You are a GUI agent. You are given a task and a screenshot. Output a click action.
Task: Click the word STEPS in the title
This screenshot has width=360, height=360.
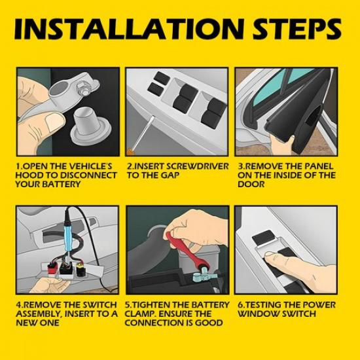tap(297, 29)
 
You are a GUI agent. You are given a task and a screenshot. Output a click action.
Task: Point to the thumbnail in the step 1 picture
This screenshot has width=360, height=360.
tap(54, 122)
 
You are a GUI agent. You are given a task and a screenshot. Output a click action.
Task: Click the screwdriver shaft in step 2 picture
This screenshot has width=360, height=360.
tap(143, 132)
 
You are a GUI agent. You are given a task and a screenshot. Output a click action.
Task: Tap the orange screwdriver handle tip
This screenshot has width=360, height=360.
tap(129, 152)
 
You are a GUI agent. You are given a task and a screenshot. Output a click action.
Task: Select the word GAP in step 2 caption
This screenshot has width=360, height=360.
tap(170, 175)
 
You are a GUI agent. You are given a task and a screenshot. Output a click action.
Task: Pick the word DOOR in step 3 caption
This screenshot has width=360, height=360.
tap(251, 184)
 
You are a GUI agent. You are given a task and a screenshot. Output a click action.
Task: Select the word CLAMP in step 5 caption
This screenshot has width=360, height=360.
tap(139, 314)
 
